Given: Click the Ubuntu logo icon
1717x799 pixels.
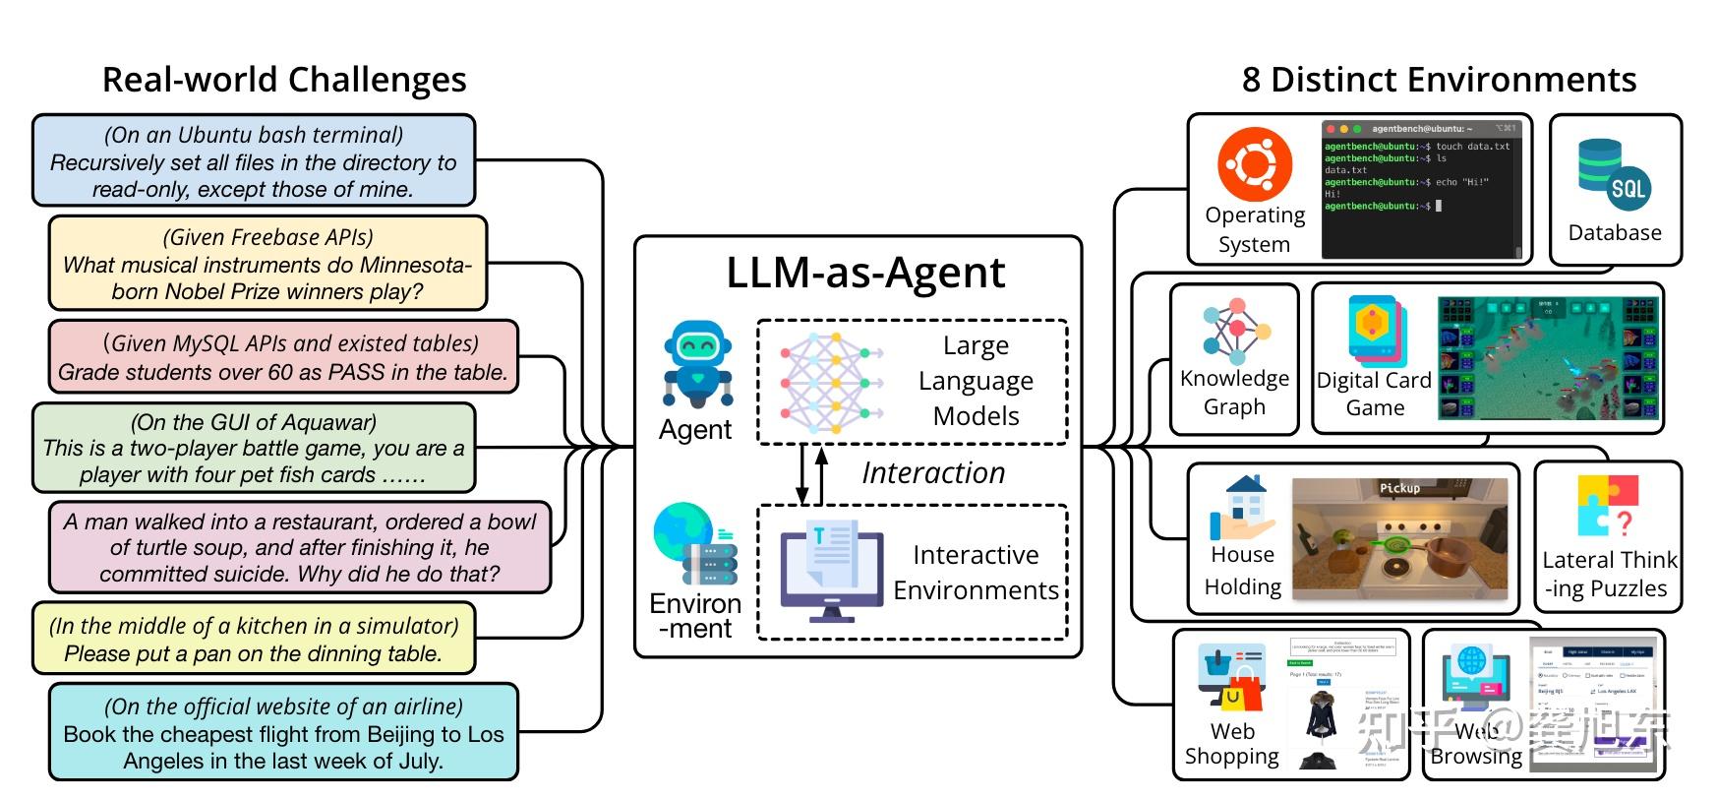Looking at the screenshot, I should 1254,164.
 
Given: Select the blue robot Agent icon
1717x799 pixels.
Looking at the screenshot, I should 696,364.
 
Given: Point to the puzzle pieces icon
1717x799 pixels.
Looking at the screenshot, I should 1608,505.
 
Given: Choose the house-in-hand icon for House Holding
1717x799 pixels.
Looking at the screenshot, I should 1244,508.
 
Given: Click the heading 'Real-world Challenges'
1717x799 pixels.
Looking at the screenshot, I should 284,80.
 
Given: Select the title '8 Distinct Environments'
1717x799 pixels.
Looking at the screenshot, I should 1439,80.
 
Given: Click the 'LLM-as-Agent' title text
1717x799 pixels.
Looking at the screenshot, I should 865,273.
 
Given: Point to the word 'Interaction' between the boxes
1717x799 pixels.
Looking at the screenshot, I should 933,473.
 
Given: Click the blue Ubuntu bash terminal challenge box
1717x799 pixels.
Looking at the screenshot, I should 254,161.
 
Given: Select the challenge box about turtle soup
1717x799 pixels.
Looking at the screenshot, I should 299,548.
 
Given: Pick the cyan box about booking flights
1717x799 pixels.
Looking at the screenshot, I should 283,733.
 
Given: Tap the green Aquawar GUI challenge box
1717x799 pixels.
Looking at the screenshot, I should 254,449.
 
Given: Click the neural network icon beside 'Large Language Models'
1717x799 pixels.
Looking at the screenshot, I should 829,383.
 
